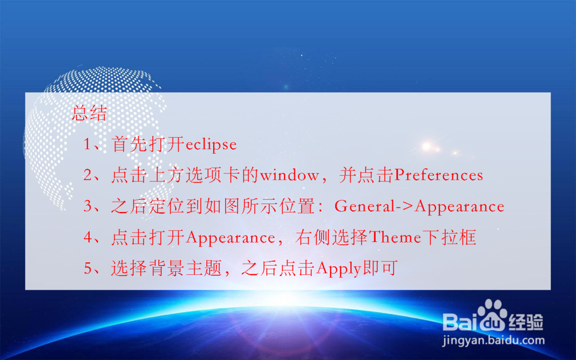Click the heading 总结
pyautogui.click(x=89, y=113)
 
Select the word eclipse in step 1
pyautogui.click(x=211, y=145)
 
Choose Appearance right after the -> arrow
pyautogui.click(x=459, y=207)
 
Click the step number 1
pyautogui.click(x=88, y=145)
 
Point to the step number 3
pyautogui.click(x=88, y=207)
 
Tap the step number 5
pyautogui.click(x=88, y=269)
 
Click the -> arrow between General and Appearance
pyautogui.click(x=405, y=207)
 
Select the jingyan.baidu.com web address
pyautogui.click(x=494, y=340)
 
